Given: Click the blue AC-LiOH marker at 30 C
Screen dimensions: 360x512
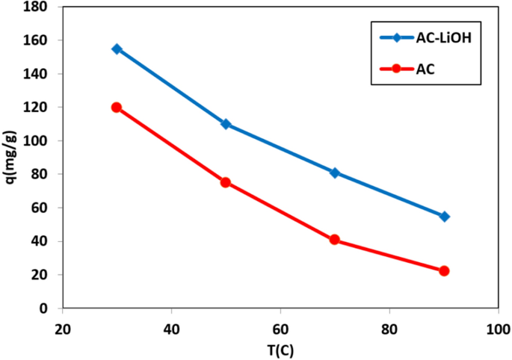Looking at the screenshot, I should [117, 49].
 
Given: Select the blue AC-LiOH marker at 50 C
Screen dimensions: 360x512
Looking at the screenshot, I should [226, 124].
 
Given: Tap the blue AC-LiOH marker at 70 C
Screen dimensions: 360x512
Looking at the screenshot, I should [335, 173].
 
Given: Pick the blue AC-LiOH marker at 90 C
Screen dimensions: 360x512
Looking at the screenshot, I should [444, 217].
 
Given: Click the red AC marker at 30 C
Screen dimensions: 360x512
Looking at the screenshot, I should [117, 108].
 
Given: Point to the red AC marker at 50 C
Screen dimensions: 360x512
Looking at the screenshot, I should [226, 182].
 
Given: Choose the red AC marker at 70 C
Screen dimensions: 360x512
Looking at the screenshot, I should [335, 240].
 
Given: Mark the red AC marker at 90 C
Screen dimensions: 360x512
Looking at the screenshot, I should [444, 270].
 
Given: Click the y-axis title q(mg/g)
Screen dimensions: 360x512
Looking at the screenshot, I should [10, 158].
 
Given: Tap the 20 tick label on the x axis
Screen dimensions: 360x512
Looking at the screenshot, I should [63, 329].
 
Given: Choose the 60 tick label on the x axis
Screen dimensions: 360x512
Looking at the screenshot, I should [280, 329].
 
